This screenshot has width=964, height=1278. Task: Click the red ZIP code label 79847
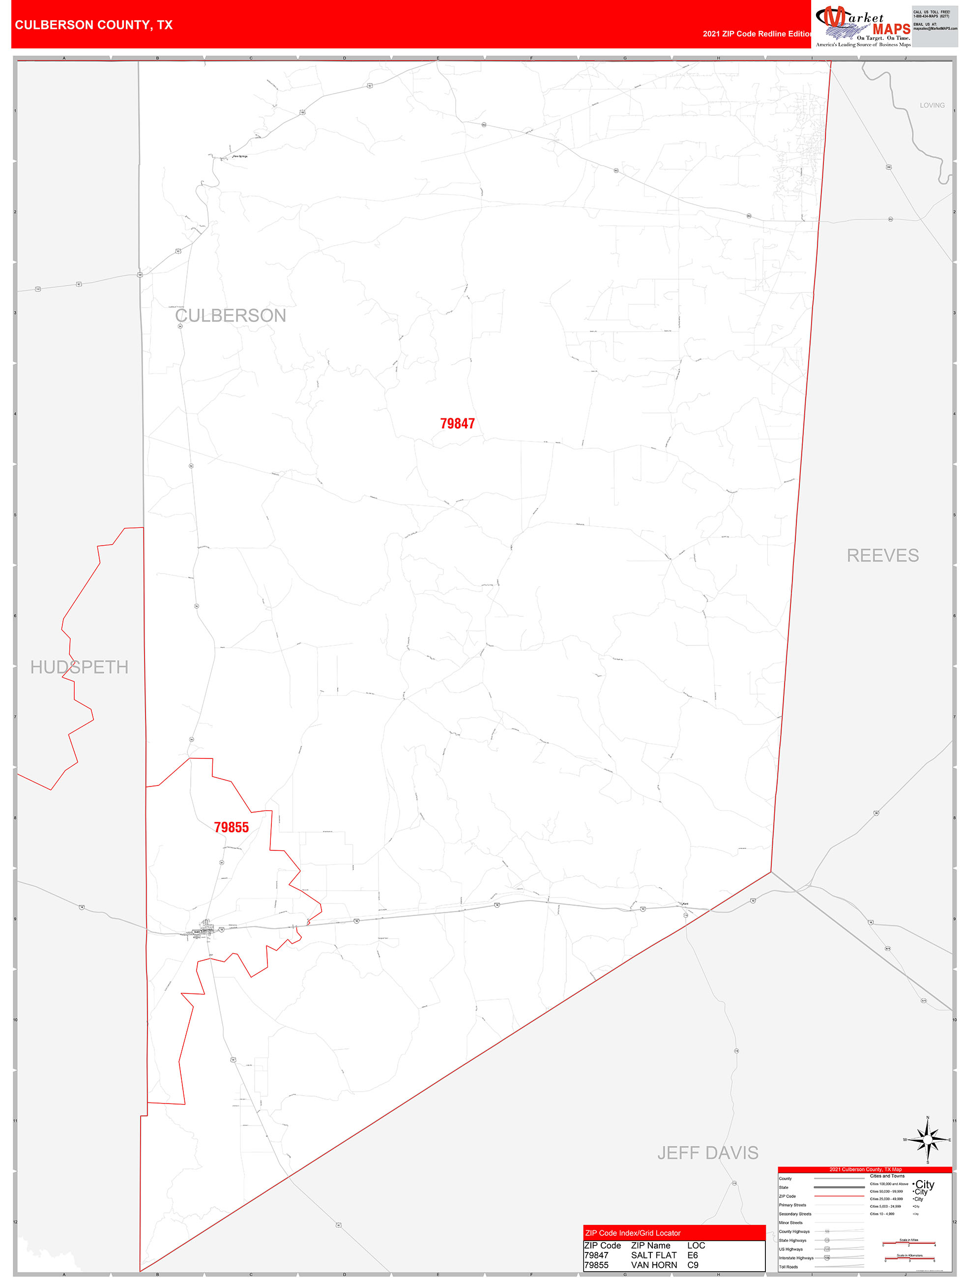[457, 424]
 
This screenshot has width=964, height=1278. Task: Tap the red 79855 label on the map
[231, 827]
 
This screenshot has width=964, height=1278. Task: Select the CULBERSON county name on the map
[231, 316]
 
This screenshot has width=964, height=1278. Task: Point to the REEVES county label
[882, 555]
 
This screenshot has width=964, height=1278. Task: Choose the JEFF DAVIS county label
[707, 1152]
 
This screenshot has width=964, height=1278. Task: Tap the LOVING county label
[932, 105]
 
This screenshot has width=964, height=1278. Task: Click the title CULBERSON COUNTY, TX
[93, 25]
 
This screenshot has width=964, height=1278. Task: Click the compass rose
[928, 1140]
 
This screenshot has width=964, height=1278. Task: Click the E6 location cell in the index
[692, 1255]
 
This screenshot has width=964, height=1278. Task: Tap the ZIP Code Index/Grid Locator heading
[632, 1233]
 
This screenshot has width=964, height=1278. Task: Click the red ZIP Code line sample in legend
[839, 1196]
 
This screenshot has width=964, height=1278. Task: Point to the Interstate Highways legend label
[796, 1258]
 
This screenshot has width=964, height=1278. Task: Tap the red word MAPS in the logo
[891, 29]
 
